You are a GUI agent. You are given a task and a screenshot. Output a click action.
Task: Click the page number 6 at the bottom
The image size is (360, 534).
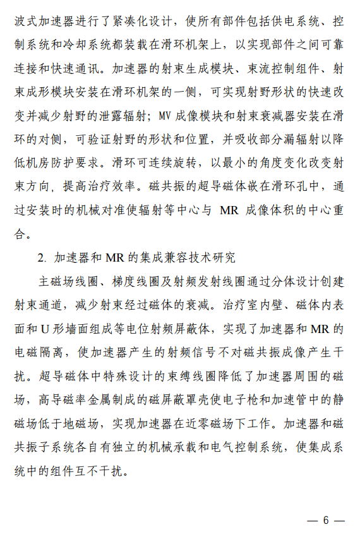326,521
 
